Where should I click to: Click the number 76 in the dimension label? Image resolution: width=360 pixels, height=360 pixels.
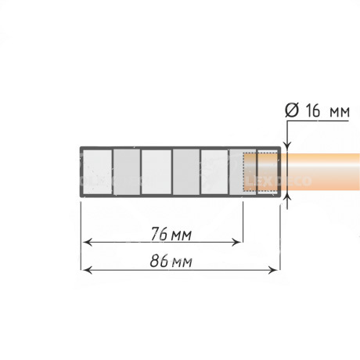click(x=158, y=234)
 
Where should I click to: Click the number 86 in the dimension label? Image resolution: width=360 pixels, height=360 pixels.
click(x=158, y=261)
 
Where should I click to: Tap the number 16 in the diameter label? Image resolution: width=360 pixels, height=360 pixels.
click(x=312, y=110)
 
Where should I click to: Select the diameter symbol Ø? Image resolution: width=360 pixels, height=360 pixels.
click(x=291, y=110)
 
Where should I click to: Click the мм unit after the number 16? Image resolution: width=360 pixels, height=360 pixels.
click(x=340, y=113)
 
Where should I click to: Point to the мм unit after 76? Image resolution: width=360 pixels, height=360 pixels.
click(x=182, y=236)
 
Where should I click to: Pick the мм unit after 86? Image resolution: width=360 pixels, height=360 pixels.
click(x=182, y=263)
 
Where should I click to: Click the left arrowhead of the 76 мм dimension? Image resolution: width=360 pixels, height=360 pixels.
click(x=88, y=243)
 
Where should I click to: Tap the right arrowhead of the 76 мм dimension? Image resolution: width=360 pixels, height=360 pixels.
click(x=236, y=243)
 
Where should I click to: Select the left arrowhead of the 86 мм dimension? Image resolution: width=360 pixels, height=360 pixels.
click(x=88, y=271)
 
